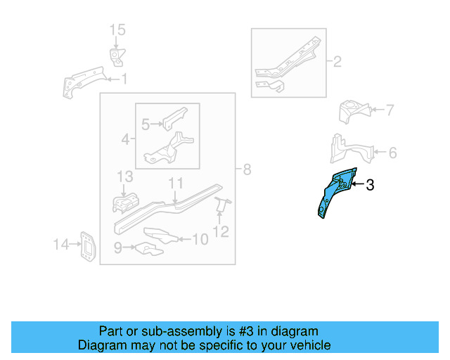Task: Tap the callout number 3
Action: tap(371, 186)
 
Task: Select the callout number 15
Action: tap(117, 30)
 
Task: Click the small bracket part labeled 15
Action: tap(116, 56)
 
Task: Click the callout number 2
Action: tap(337, 62)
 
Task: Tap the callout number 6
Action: tap(392, 152)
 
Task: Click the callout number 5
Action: tap(146, 125)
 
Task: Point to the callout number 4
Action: tap(125, 140)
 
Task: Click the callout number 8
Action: tap(247, 169)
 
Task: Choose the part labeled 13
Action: tap(125, 202)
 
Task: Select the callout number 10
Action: tap(200, 240)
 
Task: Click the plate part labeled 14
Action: tap(87, 246)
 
